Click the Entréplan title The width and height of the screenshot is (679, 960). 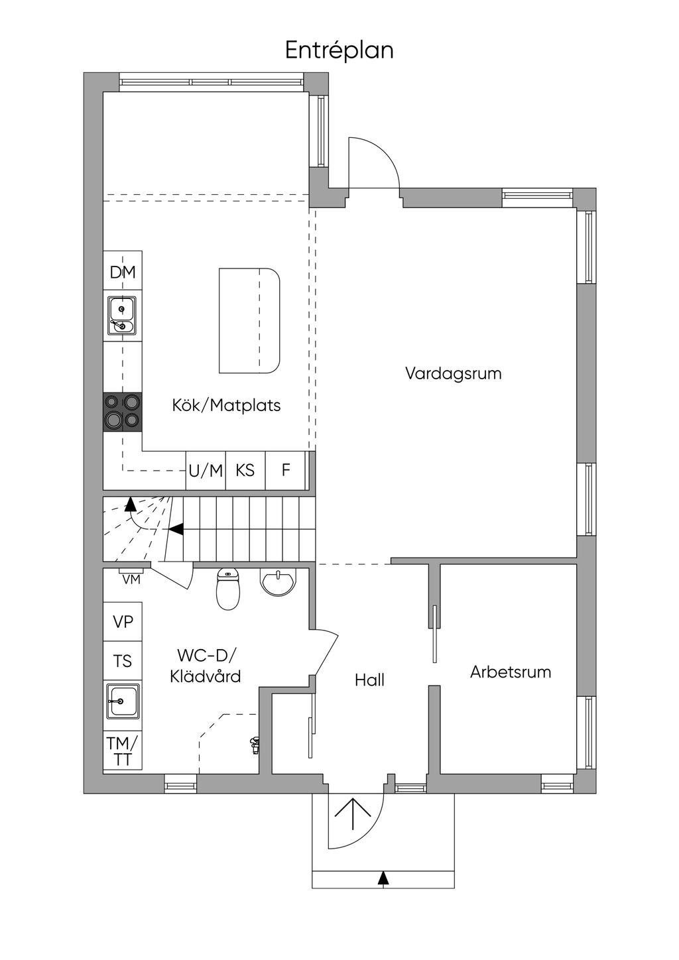pyautogui.click(x=339, y=50)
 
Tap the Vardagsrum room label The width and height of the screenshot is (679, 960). pyautogui.click(x=453, y=373)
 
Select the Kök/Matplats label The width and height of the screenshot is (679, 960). pyautogui.click(x=226, y=405)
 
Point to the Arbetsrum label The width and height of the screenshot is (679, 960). pyautogui.click(x=511, y=672)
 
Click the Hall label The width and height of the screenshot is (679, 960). pyautogui.click(x=369, y=680)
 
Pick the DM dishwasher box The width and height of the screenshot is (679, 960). pyautogui.click(x=123, y=272)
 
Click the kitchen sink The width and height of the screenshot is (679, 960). pyautogui.click(x=122, y=315)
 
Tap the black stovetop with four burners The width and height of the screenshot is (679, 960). pyautogui.click(x=122, y=412)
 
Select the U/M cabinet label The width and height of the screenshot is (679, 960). pyautogui.click(x=206, y=471)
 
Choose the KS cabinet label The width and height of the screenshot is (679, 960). pyautogui.click(x=245, y=470)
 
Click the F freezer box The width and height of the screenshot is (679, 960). pyautogui.click(x=286, y=470)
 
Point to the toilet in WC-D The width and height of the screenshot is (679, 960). pyautogui.click(x=228, y=589)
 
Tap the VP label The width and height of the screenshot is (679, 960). pyautogui.click(x=123, y=622)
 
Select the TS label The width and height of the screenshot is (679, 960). pyautogui.click(x=123, y=661)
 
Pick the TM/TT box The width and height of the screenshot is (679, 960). pyautogui.click(x=123, y=750)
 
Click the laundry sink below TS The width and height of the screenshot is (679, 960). pyautogui.click(x=123, y=700)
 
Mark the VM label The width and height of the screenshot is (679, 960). pyautogui.click(x=131, y=579)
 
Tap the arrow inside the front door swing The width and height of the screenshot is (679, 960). pyautogui.click(x=353, y=815)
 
